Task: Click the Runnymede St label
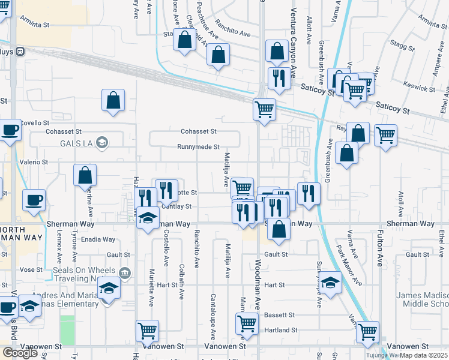(199, 147)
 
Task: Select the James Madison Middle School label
(422, 299)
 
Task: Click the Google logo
(20, 353)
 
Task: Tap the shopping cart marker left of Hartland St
(247, 324)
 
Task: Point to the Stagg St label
(397, 44)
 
